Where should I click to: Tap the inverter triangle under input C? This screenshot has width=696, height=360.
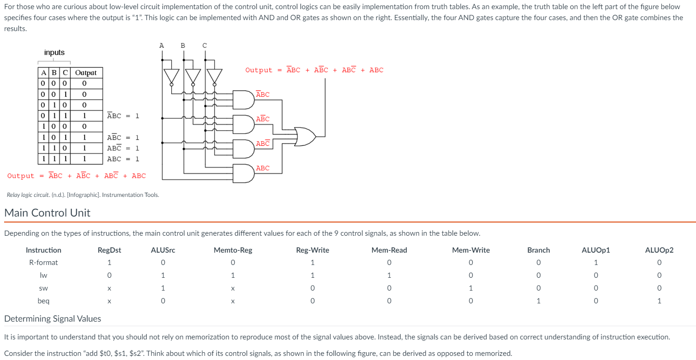pyautogui.click(x=214, y=76)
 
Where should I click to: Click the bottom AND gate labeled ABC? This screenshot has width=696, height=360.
pyautogui.click(x=243, y=173)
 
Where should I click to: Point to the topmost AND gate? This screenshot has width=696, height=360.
pyautogui.click(x=243, y=100)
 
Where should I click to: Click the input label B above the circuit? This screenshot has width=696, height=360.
pyautogui.click(x=183, y=45)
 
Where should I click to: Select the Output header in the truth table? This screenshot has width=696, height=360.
pyautogui.click(x=86, y=73)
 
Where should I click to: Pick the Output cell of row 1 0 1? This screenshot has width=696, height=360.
pyautogui.click(x=84, y=137)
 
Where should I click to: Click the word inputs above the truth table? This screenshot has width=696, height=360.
pyautogui.click(x=54, y=53)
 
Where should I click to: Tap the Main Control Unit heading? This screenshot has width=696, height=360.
pyautogui.click(x=47, y=213)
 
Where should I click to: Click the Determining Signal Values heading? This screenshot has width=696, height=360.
pyautogui.click(x=53, y=318)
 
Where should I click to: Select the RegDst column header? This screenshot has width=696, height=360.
pyautogui.click(x=109, y=250)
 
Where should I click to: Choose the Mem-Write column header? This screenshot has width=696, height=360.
pyautogui.click(x=470, y=250)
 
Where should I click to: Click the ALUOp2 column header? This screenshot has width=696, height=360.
pyautogui.click(x=659, y=250)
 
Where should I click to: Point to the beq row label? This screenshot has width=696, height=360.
pyautogui.click(x=43, y=301)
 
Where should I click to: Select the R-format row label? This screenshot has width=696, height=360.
pyautogui.click(x=43, y=262)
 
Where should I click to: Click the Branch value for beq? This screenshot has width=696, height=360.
pyautogui.click(x=538, y=301)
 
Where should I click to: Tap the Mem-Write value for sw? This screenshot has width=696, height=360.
pyautogui.click(x=470, y=288)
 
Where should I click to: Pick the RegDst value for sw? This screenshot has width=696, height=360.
pyautogui.click(x=109, y=288)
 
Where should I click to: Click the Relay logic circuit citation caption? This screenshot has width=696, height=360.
pyautogui.click(x=83, y=195)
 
